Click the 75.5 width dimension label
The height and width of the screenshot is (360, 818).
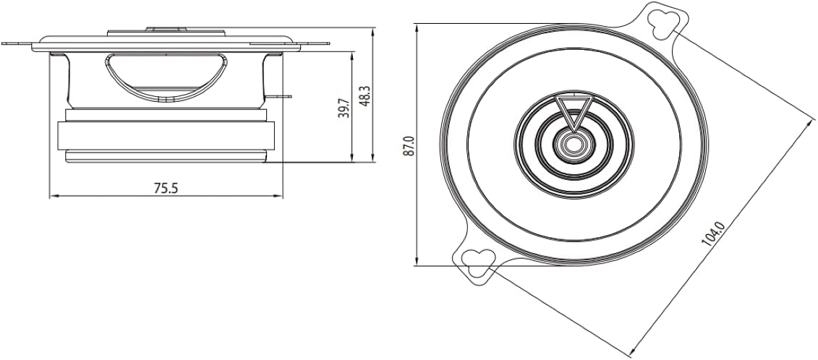click(x=166, y=189)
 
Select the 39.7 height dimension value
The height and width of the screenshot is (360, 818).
click(x=344, y=108)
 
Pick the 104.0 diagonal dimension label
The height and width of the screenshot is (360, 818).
click(x=713, y=233)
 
